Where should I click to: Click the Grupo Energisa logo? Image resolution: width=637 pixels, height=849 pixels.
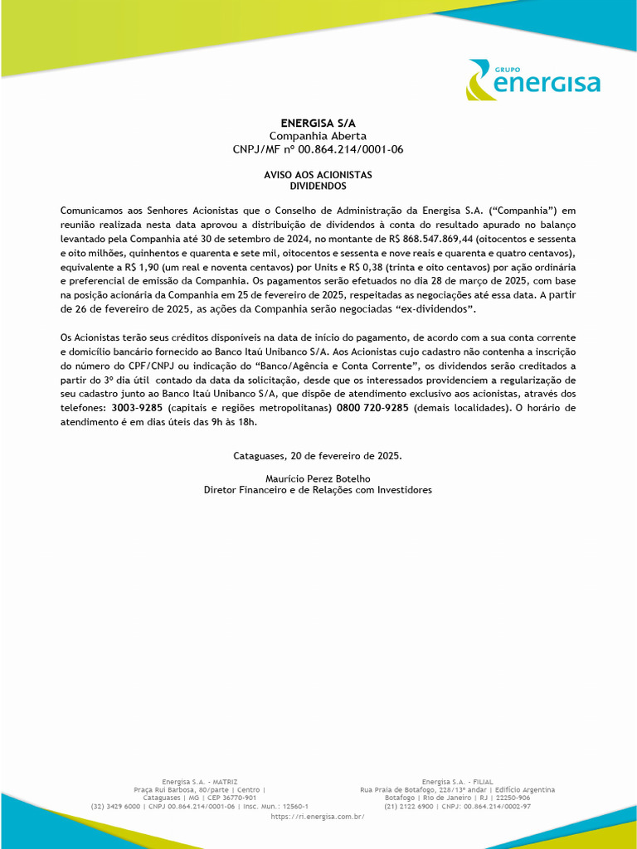coord(532,80)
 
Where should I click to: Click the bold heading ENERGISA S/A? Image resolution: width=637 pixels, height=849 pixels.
coord(318,123)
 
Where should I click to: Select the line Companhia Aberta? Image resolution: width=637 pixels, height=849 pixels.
coord(318,136)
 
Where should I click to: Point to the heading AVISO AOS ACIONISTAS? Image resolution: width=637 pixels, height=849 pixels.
coord(318,175)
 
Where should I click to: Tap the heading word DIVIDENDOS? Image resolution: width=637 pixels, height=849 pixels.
coord(318,187)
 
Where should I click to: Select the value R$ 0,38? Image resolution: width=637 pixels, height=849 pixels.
coord(367,267)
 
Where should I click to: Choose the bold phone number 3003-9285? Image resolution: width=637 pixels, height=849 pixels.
coord(137,409)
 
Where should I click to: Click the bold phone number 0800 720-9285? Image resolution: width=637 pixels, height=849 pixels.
coord(372,409)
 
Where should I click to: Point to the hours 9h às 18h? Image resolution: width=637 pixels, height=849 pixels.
coord(235,423)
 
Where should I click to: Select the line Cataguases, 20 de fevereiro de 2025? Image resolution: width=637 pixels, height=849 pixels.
coord(318,456)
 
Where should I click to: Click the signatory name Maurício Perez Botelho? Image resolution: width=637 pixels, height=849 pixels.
coord(318,478)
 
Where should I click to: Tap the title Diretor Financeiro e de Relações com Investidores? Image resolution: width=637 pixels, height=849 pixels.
coord(318,490)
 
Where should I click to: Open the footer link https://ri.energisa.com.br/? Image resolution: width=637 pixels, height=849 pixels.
coord(318,817)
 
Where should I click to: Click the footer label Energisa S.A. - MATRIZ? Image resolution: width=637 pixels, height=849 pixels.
coord(199,782)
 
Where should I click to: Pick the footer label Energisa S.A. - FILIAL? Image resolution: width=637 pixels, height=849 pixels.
coord(457,782)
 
